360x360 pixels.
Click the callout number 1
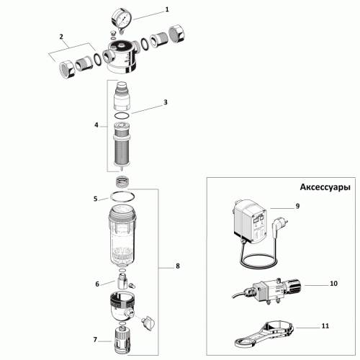click(167, 10)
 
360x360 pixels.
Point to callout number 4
click(96, 125)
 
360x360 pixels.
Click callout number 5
click(95, 198)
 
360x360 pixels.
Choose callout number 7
click(95, 339)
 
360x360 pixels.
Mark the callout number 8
click(178, 266)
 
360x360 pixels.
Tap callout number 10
click(333, 284)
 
